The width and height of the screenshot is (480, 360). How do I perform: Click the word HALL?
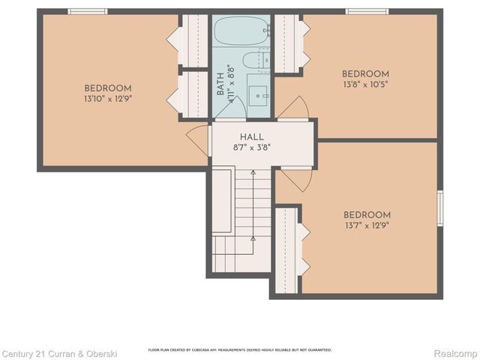pyautogui.click(x=252, y=136)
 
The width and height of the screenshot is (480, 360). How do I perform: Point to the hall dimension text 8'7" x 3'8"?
pyautogui.click(x=252, y=148)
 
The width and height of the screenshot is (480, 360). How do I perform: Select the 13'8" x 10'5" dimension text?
pyautogui.click(x=365, y=85)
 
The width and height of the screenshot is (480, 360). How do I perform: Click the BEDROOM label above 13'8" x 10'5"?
pyautogui.click(x=365, y=73)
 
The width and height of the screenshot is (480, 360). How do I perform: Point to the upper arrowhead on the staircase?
pyautogui.click(x=253, y=175)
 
